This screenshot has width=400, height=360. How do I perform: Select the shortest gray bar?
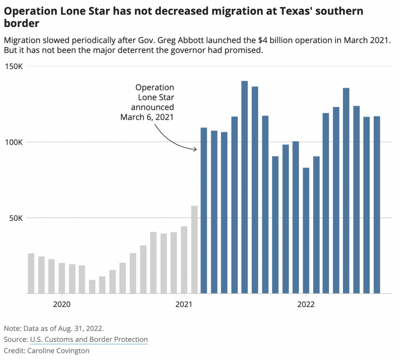[x=92, y=287]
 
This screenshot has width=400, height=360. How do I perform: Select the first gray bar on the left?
[x=31, y=273]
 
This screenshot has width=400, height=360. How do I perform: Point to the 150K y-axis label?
[x=16, y=66]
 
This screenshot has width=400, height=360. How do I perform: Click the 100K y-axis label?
[x=16, y=142]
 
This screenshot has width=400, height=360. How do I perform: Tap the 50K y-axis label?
[x=17, y=218]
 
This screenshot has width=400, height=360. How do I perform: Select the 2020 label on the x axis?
[x=61, y=304]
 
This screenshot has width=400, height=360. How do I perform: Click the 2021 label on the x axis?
[x=184, y=304]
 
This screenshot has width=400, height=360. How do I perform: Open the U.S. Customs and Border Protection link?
[x=89, y=339]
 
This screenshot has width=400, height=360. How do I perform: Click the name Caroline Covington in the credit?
[x=58, y=351]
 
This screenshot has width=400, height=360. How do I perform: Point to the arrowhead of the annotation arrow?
[x=196, y=149]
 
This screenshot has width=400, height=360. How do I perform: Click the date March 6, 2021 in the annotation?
[x=147, y=117]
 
